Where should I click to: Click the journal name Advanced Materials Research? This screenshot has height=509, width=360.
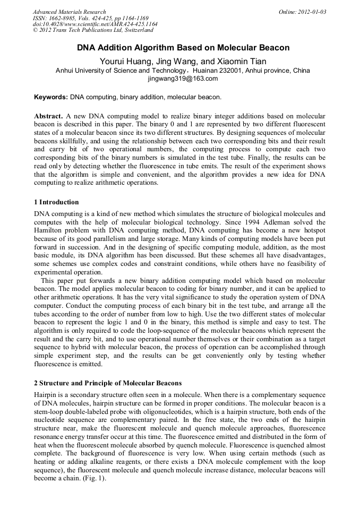pyautogui.click(x=69, y=12)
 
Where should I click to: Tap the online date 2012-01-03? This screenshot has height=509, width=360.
pyautogui.click(x=310, y=12)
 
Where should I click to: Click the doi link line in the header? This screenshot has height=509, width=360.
pyautogui.click(x=95, y=24)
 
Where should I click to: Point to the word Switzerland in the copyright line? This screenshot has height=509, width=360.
pyautogui.click(x=135, y=30)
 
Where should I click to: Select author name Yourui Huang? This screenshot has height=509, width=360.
pyautogui.click(x=123, y=61)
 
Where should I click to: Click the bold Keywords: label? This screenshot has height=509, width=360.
pyautogui.click(x=51, y=98)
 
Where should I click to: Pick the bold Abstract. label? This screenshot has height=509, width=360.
pyautogui.click(x=48, y=116)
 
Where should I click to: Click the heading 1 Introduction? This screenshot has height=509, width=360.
pyautogui.click(x=56, y=202)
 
